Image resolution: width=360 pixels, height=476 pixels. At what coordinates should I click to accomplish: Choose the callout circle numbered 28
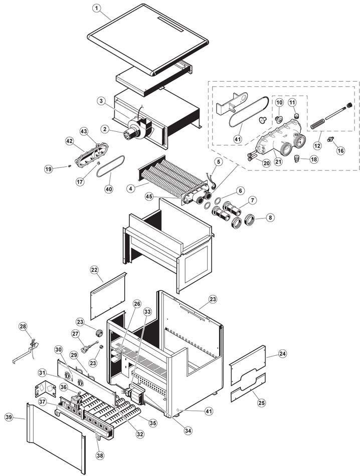click(23, 326)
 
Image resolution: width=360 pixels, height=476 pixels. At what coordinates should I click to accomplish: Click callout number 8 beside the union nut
click(270, 218)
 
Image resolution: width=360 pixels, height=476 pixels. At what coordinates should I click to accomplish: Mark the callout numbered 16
click(341, 150)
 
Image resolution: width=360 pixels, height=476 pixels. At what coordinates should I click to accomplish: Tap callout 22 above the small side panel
click(95, 270)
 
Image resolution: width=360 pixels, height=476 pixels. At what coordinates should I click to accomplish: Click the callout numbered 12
click(317, 145)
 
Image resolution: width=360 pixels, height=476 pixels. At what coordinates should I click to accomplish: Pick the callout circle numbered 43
click(84, 131)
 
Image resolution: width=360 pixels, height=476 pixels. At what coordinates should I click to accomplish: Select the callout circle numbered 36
click(64, 387)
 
